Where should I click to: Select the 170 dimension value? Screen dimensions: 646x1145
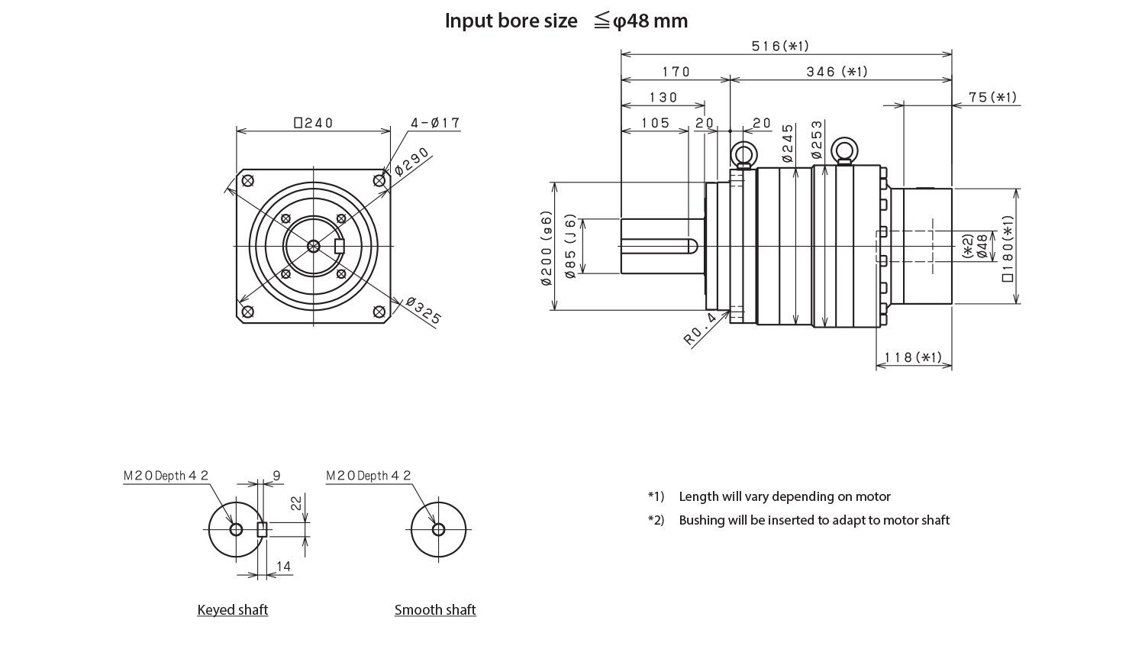click(x=676, y=72)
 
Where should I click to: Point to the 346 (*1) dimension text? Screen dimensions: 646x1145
click(x=837, y=72)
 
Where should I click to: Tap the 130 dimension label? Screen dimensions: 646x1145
click(x=663, y=98)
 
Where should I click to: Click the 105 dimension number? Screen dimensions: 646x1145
click(x=655, y=123)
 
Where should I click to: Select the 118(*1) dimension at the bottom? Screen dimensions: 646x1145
click(x=913, y=357)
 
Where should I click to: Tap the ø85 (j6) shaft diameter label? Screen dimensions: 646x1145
click(x=569, y=247)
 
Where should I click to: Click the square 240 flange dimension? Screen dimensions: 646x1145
click(x=313, y=123)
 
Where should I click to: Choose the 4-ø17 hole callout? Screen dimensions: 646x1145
click(x=434, y=123)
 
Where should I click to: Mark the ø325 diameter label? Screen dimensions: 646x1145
click(x=424, y=312)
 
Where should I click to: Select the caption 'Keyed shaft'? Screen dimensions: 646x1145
click(x=233, y=610)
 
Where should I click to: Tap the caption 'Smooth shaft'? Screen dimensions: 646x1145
click(x=435, y=610)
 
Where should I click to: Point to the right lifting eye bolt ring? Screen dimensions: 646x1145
click(x=844, y=149)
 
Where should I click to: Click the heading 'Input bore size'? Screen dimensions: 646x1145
click(x=511, y=21)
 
